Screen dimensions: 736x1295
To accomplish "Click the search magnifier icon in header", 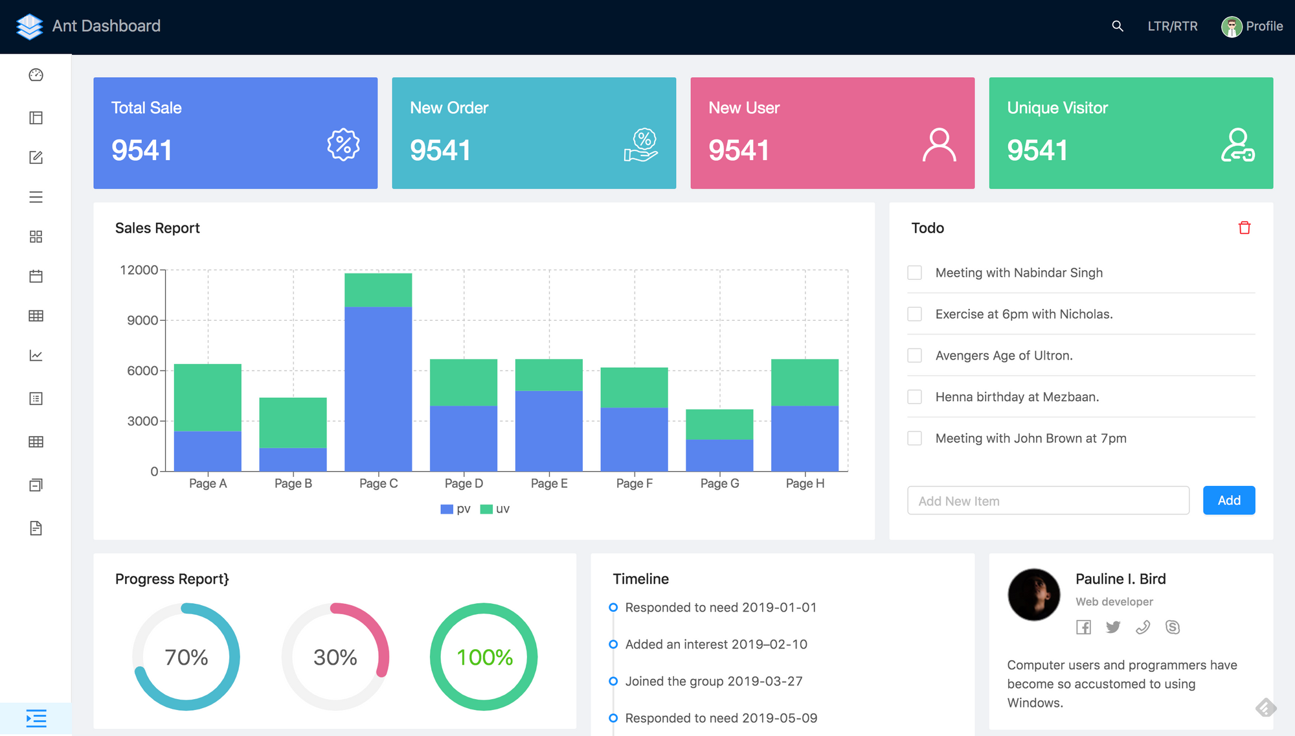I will click(1117, 26).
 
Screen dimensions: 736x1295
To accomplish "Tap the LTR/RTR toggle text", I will click(1172, 26).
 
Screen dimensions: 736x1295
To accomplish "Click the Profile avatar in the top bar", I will click(1231, 27).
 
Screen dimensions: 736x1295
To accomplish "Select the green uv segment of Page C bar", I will click(378, 290).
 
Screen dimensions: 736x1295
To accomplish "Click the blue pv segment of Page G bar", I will click(719, 455).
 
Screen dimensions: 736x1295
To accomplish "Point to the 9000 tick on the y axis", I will click(142, 320).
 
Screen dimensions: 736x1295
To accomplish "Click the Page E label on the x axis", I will click(549, 483).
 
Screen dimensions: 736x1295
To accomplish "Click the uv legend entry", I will click(495, 509).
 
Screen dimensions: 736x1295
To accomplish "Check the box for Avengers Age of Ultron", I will click(914, 355).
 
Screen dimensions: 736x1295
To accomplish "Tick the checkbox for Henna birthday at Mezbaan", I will click(914, 397).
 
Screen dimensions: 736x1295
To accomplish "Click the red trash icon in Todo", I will click(1244, 228).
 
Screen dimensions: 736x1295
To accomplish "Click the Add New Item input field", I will click(1048, 501).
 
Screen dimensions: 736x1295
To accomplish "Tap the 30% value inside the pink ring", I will click(335, 657).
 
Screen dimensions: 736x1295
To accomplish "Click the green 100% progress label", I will click(484, 657).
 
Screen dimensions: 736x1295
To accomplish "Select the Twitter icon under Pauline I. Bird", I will click(1113, 627).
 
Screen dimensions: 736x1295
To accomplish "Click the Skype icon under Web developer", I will click(1172, 627).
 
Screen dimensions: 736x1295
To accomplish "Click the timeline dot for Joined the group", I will click(613, 681).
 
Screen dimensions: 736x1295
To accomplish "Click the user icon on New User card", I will click(939, 145).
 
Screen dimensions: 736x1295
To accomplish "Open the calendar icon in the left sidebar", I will click(36, 277).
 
